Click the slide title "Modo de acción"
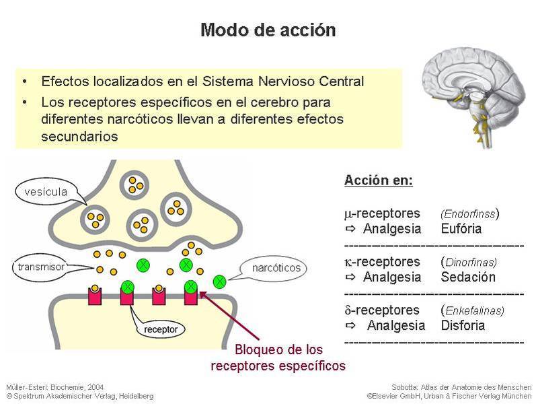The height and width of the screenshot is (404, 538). click(268, 31)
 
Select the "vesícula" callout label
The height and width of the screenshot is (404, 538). click(46, 192)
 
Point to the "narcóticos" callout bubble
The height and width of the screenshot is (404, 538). click(276, 268)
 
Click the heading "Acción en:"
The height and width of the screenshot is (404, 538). click(379, 180)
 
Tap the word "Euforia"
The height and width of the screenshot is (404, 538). click(461, 228)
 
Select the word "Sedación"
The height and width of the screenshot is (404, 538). click(468, 277)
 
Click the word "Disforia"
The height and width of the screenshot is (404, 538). click(463, 325)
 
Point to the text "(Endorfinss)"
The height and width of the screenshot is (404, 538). click(470, 214)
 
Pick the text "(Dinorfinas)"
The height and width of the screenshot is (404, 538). click(469, 262)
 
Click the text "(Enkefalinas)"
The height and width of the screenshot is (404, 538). click(473, 310)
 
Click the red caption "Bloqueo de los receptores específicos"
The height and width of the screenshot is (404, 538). click(278, 358)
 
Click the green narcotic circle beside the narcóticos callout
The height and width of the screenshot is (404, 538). click(219, 281)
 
